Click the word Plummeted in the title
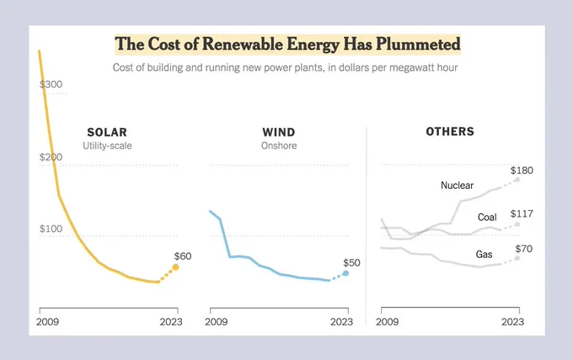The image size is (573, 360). point(419,44)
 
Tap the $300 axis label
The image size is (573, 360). point(51,84)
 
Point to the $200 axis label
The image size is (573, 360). point(51,157)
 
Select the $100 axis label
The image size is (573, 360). point(51,228)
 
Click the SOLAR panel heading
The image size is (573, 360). point(107,132)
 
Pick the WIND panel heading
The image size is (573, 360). point(279,132)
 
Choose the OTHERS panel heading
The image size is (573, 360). point(450,132)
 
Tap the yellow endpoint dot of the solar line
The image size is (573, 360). point(176,267)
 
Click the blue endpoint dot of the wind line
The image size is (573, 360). point(345,273)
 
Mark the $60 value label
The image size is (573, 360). point(183,256)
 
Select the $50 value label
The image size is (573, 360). point(351,263)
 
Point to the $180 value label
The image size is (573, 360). point(522,170)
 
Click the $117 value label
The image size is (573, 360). point(522,213)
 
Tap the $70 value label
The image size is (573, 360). point(523,249)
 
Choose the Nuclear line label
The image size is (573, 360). point(458,185)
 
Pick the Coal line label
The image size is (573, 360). point(487,218)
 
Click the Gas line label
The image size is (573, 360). point(484,254)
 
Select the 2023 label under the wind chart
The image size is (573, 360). point(341,321)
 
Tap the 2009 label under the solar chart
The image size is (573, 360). point(47,321)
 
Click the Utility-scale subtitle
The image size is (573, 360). point(107,146)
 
